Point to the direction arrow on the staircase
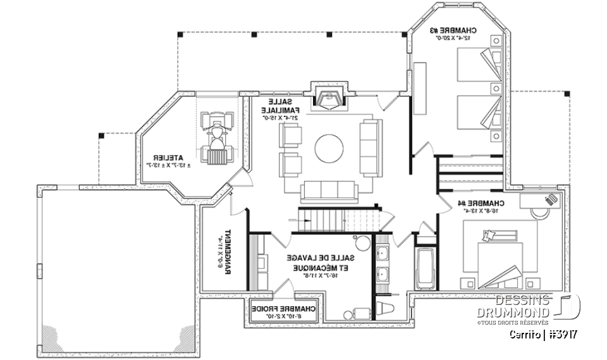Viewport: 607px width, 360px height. pyautogui.click(x=302, y=220)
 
